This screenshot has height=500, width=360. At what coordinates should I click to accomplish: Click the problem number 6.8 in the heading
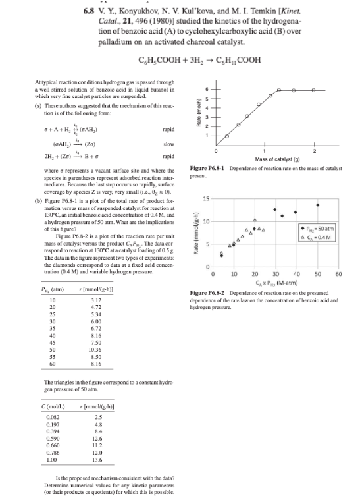click(91, 11)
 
